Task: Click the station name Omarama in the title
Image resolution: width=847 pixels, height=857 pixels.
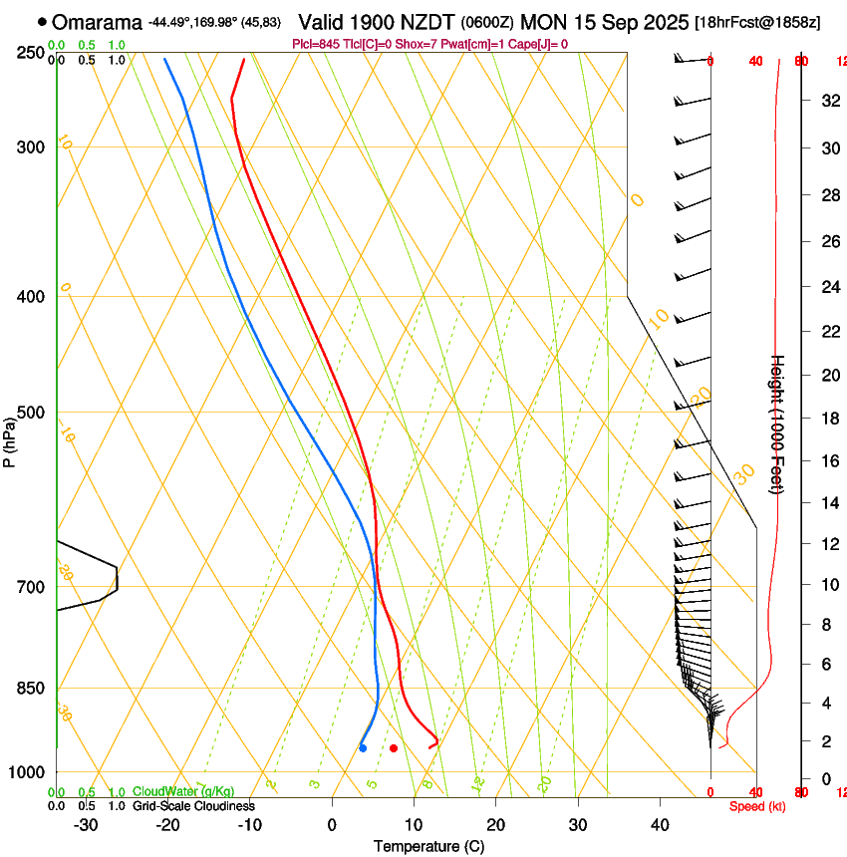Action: pyautogui.click(x=98, y=22)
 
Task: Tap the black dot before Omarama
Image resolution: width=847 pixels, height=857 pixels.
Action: pyautogui.click(x=42, y=22)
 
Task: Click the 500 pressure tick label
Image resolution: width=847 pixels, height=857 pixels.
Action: pyautogui.click(x=31, y=413)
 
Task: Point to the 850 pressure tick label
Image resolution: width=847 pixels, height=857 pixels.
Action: pyautogui.click(x=31, y=689)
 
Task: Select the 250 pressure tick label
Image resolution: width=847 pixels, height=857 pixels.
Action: pyautogui.click(x=31, y=53)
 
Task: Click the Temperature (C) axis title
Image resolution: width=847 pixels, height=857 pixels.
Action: pyautogui.click(x=428, y=846)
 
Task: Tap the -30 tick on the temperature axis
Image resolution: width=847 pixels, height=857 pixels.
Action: pyautogui.click(x=86, y=825)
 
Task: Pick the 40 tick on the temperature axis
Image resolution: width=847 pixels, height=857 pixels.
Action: pyautogui.click(x=660, y=825)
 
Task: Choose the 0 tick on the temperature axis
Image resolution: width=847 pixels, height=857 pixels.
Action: pyautogui.click(x=333, y=825)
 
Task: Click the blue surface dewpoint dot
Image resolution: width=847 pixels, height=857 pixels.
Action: pyautogui.click(x=363, y=747)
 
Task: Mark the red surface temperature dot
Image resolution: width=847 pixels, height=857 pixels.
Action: pyautogui.click(x=394, y=747)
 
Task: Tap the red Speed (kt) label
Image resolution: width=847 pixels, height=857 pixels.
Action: pyautogui.click(x=757, y=806)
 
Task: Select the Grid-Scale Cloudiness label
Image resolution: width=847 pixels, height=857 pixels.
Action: pyautogui.click(x=193, y=806)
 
